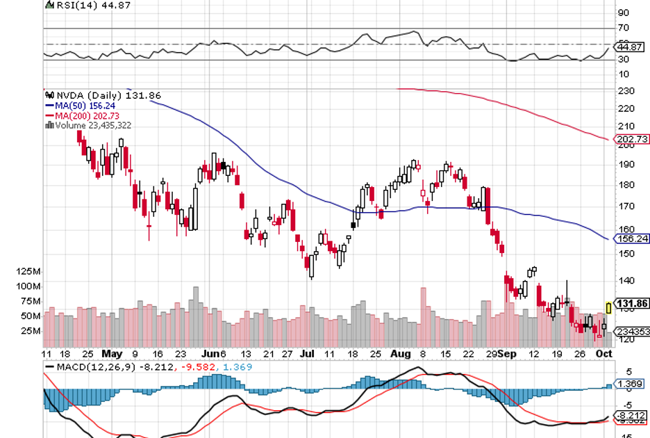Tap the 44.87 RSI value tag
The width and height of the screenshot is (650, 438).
click(x=628, y=47)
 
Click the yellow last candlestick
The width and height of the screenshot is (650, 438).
click(x=608, y=307)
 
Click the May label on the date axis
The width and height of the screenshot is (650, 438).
click(x=111, y=353)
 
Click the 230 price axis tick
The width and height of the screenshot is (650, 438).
click(x=624, y=91)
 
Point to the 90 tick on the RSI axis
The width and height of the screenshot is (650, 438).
click(x=623, y=13)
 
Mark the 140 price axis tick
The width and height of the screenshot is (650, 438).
click(x=624, y=281)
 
